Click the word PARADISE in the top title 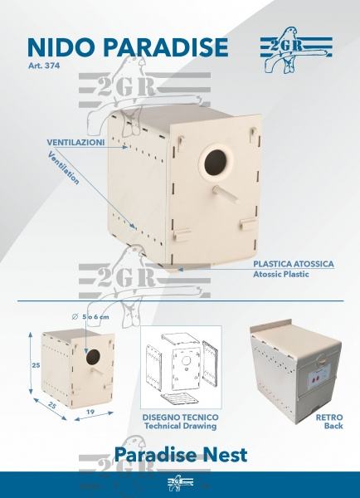point(166,47)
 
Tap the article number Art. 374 point(43,66)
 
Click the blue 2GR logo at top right point(296,50)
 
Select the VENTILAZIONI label point(75,142)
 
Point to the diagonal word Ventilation point(64,168)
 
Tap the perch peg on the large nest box point(226,193)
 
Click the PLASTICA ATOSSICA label point(294,264)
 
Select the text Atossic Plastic point(280,274)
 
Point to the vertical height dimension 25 point(36,365)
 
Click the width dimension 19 point(90,412)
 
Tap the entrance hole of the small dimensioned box point(93,357)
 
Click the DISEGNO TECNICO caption point(180,417)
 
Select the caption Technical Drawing point(180,426)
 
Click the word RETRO point(329,417)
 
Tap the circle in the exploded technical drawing point(186,360)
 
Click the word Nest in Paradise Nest point(225,455)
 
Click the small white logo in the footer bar point(180,483)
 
